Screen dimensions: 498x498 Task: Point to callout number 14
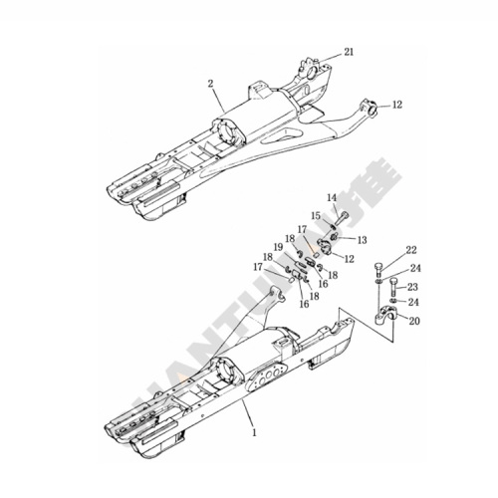click(x=331, y=200)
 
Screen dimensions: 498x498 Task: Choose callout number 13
click(x=362, y=239)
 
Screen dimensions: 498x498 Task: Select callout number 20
click(x=413, y=320)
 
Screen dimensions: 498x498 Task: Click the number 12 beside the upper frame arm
click(x=397, y=105)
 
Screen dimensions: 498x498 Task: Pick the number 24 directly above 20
click(x=413, y=302)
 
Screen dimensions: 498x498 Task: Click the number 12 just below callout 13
click(x=348, y=259)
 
